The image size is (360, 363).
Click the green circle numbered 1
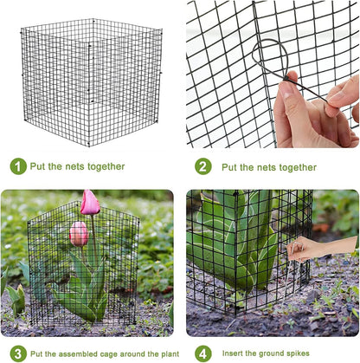pos(18,166)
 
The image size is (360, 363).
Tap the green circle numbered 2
pos(202,166)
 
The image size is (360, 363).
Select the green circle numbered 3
pos(17,353)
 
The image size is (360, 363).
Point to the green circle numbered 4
pos(202,353)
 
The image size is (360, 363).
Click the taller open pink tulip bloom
pos(89,203)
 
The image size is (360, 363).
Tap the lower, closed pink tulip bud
pos(79,233)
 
